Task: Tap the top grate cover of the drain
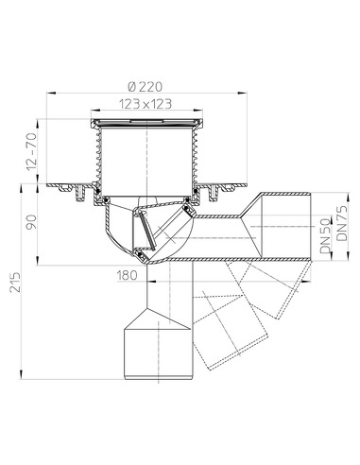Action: (146, 124)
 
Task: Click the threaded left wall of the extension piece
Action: (97, 161)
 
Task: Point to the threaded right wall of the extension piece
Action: (196, 161)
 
